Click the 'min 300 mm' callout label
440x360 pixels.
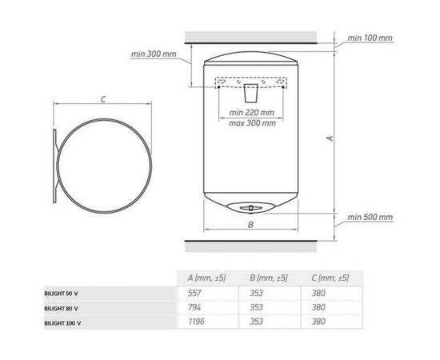click(154, 54)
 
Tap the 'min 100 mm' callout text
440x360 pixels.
click(370, 38)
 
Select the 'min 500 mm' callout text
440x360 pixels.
click(370, 217)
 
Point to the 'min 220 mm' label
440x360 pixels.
click(251, 113)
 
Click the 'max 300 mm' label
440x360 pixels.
click(252, 123)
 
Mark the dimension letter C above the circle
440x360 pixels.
click(103, 99)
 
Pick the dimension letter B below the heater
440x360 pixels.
click(251, 225)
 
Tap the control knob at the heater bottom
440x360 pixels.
click(250, 208)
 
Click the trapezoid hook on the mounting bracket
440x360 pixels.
click(251, 93)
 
